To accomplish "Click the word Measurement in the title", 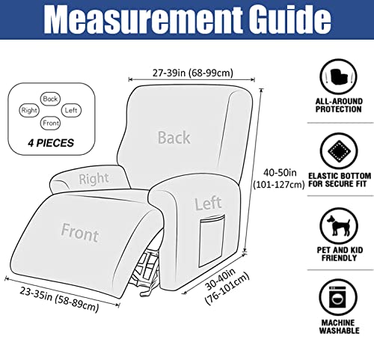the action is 143,19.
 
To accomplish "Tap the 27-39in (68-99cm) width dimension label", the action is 193,73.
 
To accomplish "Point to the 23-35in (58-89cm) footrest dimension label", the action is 59,299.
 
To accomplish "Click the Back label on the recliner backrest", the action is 174,138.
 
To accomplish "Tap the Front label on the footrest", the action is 80,233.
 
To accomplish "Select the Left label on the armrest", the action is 208,204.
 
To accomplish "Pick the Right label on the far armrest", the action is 93,179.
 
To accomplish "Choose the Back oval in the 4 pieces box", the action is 50,99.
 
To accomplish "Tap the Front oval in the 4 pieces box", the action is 51,123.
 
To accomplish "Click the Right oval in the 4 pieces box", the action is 29,110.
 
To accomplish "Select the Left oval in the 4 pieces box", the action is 71,110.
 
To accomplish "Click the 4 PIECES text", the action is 51,143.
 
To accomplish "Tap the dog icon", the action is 339,226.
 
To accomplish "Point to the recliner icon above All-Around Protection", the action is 339,76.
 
